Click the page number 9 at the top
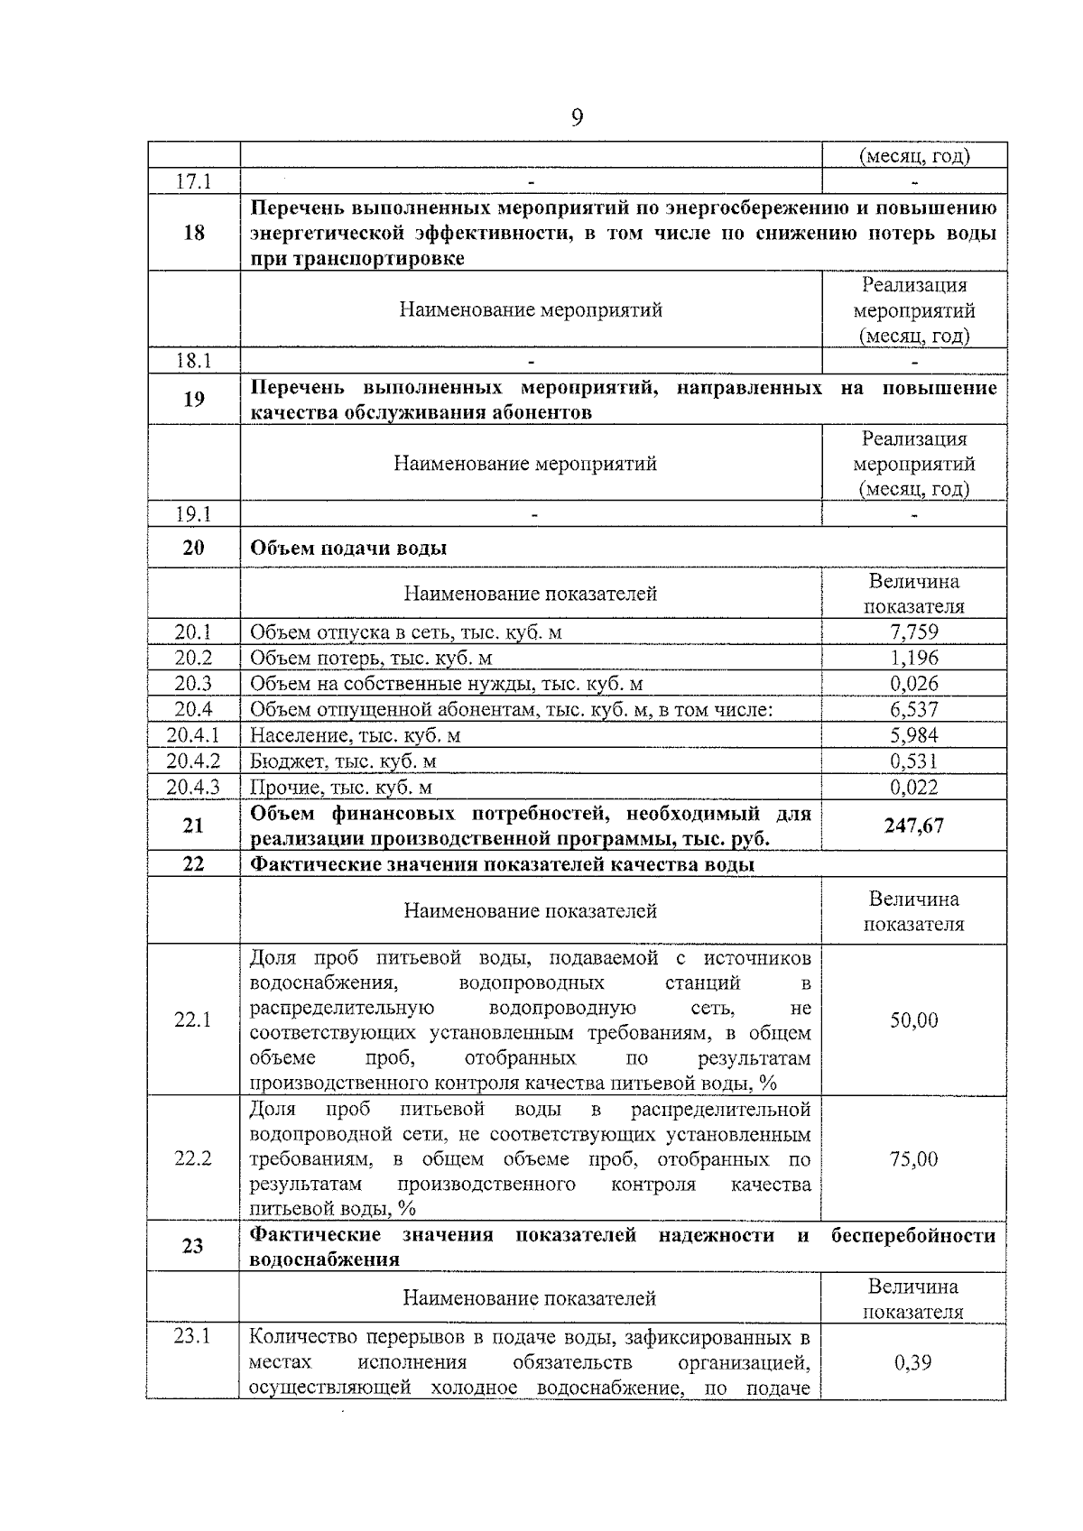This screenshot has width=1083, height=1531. (578, 117)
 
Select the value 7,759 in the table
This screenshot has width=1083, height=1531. (914, 632)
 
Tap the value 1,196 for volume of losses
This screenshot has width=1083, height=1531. (914, 658)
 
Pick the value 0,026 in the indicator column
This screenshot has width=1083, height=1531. (914, 684)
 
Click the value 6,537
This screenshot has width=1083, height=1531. (914, 710)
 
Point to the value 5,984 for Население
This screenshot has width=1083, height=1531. (914, 735)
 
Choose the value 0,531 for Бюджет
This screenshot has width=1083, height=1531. (914, 761)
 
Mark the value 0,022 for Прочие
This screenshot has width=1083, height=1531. (914, 788)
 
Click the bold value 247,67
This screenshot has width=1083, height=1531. (914, 825)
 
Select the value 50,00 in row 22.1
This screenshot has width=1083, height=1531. (914, 1020)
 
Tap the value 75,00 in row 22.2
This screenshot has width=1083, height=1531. (914, 1158)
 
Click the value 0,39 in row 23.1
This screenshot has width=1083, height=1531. (913, 1362)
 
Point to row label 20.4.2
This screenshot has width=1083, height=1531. (193, 761)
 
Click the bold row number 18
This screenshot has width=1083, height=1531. (194, 233)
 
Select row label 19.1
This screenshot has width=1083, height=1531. (193, 514)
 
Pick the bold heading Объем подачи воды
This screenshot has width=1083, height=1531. (348, 549)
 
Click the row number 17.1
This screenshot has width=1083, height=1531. (193, 180)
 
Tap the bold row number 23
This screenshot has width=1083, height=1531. (192, 1246)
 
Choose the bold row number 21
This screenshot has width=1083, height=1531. (193, 825)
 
